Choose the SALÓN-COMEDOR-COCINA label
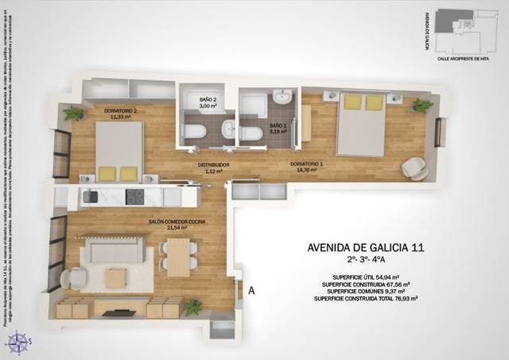167,223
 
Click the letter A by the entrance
251,291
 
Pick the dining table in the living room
178,256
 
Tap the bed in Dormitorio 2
119,151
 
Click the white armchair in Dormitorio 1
414,168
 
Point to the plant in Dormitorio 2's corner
74,114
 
